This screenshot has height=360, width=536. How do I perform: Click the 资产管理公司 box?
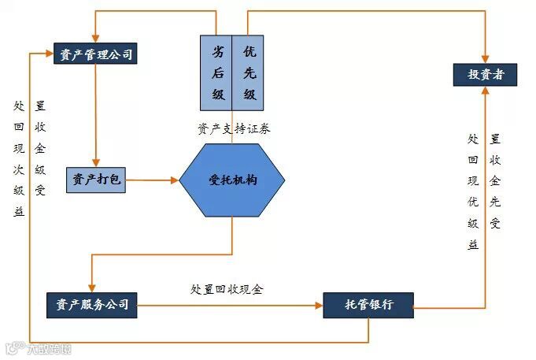(x=95, y=54)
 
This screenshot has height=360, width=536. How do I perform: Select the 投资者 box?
(x=486, y=75)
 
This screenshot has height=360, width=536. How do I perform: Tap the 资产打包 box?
(x=95, y=180)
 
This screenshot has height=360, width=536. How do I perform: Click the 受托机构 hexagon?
(x=232, y=180)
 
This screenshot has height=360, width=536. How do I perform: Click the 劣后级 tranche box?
(x=216, y=72)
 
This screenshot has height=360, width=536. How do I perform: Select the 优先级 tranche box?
(x=249, y=72)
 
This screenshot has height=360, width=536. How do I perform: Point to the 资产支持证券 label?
(x=234, y=128)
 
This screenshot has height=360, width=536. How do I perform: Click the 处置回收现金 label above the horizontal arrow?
(x=227, y=288)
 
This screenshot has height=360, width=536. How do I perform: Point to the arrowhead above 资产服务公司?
(x=92, y=288)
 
